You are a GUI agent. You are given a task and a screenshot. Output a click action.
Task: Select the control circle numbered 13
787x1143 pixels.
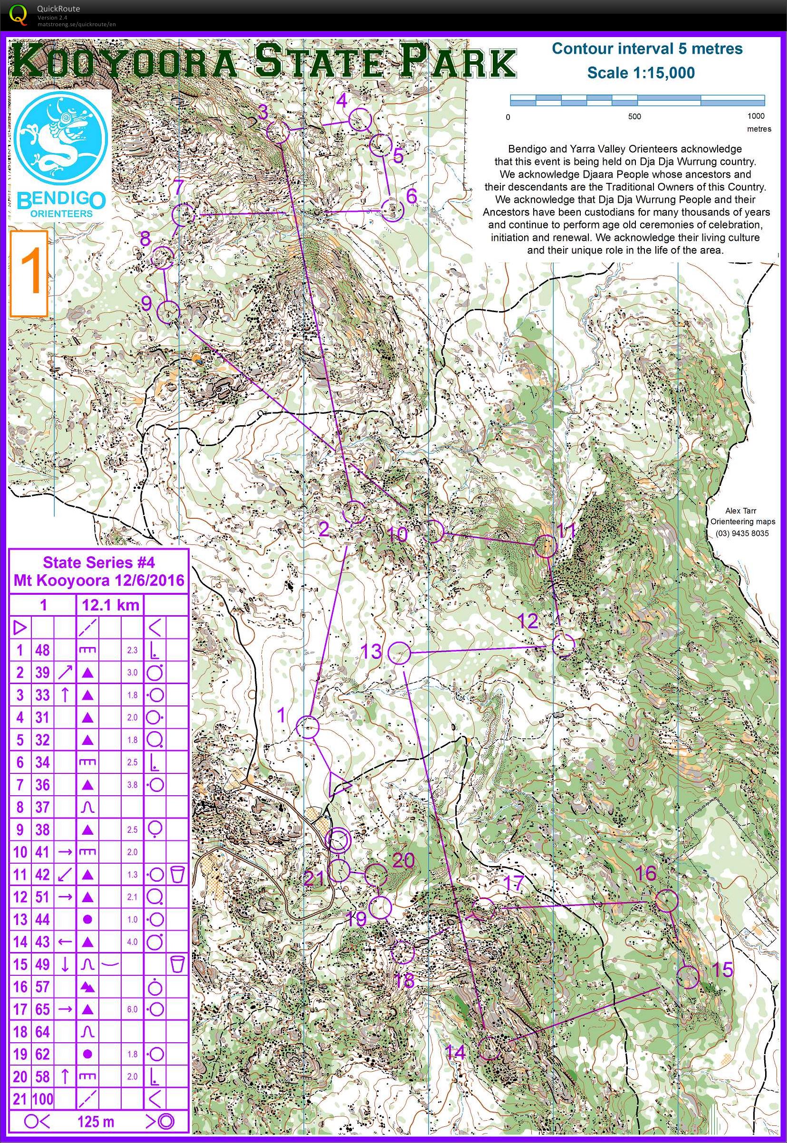[399, 653]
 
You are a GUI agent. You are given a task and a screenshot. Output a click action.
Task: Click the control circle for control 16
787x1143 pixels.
[666, 901]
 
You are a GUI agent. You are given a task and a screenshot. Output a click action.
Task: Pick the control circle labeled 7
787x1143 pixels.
[183, 214]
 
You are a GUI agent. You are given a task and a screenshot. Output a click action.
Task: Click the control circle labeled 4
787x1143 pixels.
[360, 120]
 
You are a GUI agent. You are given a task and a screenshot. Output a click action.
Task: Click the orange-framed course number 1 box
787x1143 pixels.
[29, 274]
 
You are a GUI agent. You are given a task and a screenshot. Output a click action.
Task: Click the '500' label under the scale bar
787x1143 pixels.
[634, 117]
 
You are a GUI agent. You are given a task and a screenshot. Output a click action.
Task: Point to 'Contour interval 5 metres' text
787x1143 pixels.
[646, 49]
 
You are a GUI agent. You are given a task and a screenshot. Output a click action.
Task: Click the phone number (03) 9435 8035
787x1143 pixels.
[742, 533]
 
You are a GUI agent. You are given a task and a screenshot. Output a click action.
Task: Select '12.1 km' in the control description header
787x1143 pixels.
[110, 605]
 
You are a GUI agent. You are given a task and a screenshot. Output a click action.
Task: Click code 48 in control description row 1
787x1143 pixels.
[42, 650]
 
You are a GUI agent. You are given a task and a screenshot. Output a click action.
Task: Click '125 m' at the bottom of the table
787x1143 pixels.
[96, 1122]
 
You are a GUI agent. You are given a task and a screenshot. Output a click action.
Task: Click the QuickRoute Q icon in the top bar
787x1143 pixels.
[19, 14]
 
